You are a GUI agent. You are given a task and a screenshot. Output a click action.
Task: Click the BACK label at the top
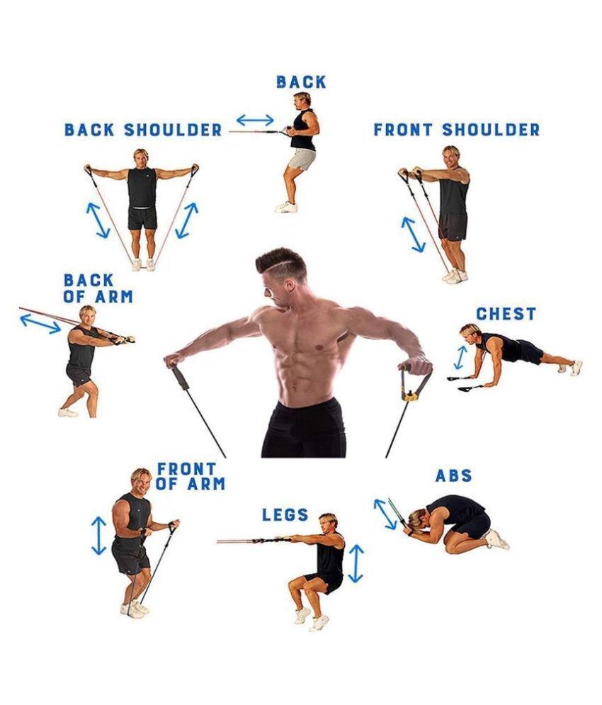(x=301, y=82)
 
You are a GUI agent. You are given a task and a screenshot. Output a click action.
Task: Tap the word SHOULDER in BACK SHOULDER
(x=173, y=130)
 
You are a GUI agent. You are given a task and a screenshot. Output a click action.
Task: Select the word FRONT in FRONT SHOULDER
(x=403, y=130)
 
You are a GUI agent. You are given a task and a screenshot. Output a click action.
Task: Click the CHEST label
(x=506, y=314)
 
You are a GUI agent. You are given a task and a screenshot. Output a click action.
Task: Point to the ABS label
(x=454, y=475)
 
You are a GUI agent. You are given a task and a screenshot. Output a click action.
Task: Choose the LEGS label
(x=285, y=515)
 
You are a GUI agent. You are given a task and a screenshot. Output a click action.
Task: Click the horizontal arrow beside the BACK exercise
(x=255, y=120)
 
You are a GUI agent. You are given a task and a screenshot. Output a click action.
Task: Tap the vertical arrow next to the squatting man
(x=356, y=564)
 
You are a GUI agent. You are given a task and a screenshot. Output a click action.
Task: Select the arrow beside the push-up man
(x=460, y=357)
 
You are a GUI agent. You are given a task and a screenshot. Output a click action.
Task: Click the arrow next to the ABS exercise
(x=385, y=514)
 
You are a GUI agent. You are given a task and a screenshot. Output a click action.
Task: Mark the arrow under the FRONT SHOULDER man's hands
(x=413, y=235)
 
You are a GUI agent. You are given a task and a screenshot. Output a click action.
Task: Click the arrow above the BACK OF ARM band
(x=40, y=324)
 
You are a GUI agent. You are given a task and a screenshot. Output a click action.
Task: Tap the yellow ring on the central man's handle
(x=410, y=397)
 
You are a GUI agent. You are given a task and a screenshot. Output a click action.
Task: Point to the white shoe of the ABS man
(x=497, y=539)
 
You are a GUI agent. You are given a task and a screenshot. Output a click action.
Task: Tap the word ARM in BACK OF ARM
(x=114, y=297)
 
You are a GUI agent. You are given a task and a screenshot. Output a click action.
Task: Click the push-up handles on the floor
(x=465, y=383)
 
